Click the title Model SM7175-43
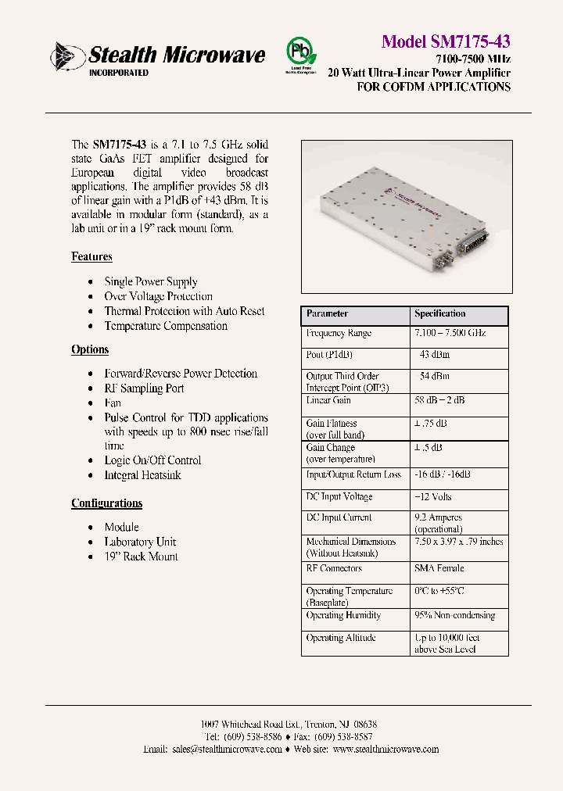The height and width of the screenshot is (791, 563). pyautogui.click(x=446, y=41)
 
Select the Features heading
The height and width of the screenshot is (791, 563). pyautogui.click(x=91, y=257)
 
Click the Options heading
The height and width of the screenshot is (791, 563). pyautogui.click(x=90, y=349)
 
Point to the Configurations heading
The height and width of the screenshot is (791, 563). pyautogui.click(x=106, y=503)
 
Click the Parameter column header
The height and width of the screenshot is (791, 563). pyautogui.click(x=328, y=313)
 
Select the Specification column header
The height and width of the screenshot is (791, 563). pyautogui.click(x=440, y=313)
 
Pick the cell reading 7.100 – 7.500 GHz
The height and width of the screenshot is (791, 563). pyautogui.click(x=450, y=333)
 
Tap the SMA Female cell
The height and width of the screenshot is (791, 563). pyautogui.click(x=439, y=568)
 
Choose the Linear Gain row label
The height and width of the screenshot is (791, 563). pyautogui.click(x=328, y=400)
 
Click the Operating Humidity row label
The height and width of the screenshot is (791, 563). pyautogui.click(x=343, y=615)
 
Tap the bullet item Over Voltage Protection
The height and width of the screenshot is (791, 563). pyautogui.click(x=159, y=296)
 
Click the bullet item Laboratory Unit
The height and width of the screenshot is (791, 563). pyautogui.click(x=140, y=542)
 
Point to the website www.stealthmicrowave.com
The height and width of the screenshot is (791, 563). pyautogui.click(x=385, y=749)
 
